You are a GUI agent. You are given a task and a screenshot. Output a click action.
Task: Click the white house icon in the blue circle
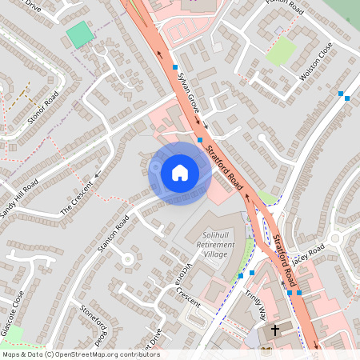pos(180,173)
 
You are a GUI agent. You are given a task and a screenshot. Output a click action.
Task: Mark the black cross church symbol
pos(275,330)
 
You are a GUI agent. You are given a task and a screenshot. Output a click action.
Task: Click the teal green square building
pos(79,34)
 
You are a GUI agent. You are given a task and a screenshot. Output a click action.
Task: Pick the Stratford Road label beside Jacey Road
pos(284,261)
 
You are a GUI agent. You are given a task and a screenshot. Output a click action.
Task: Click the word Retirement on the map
pos(212,243)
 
